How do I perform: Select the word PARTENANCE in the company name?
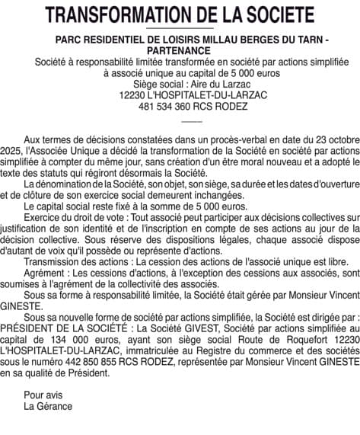pos(180,49)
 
